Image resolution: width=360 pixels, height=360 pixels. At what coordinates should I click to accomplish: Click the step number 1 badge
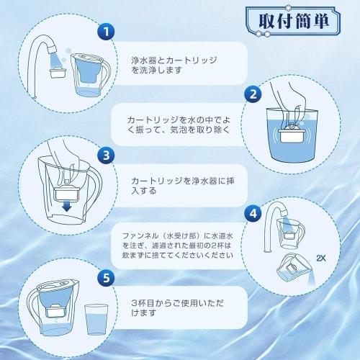(x=106, y=31)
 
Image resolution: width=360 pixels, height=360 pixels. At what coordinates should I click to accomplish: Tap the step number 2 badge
(x=253, y=94)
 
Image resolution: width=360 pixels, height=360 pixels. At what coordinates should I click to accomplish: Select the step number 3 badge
(x=106, y=154)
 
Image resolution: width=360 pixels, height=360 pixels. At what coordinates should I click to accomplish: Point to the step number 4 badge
(x=253, y=213)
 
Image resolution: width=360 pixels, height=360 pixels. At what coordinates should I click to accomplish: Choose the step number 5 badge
(x=106, y=276)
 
